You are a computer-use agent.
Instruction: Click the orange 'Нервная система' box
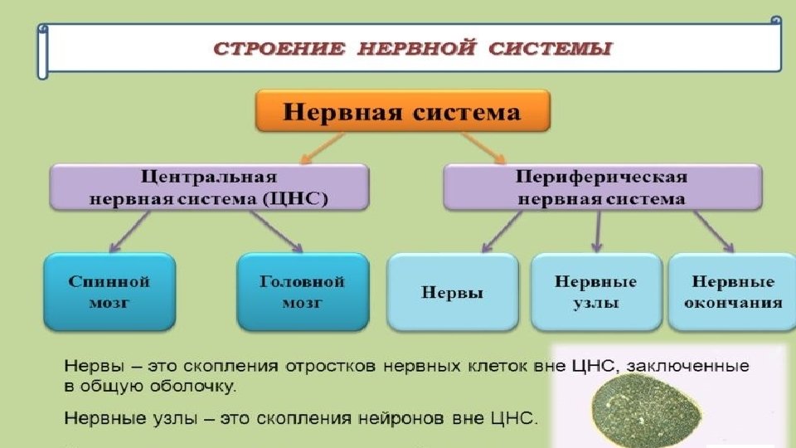pyautogui.click(x=403, y=112)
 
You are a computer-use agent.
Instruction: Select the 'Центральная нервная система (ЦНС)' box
pyautogui.click(x=209, y=187)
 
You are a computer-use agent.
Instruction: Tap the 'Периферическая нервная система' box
pyautogui.click(x=602, y=187)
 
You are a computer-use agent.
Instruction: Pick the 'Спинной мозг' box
pyautogui.click(x=109, y=292)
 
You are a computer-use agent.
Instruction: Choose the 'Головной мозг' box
pyautogui.click(x=303, y=292)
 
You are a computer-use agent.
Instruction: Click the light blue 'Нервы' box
pyautogui.click(x=453, y=292)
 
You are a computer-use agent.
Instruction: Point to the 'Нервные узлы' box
pyautogui.click(x=596, y=292)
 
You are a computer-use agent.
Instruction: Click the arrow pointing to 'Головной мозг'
pyautogui.click(x=277, y=230)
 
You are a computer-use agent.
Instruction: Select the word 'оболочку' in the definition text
pyautogui.click(x=199, y=386)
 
